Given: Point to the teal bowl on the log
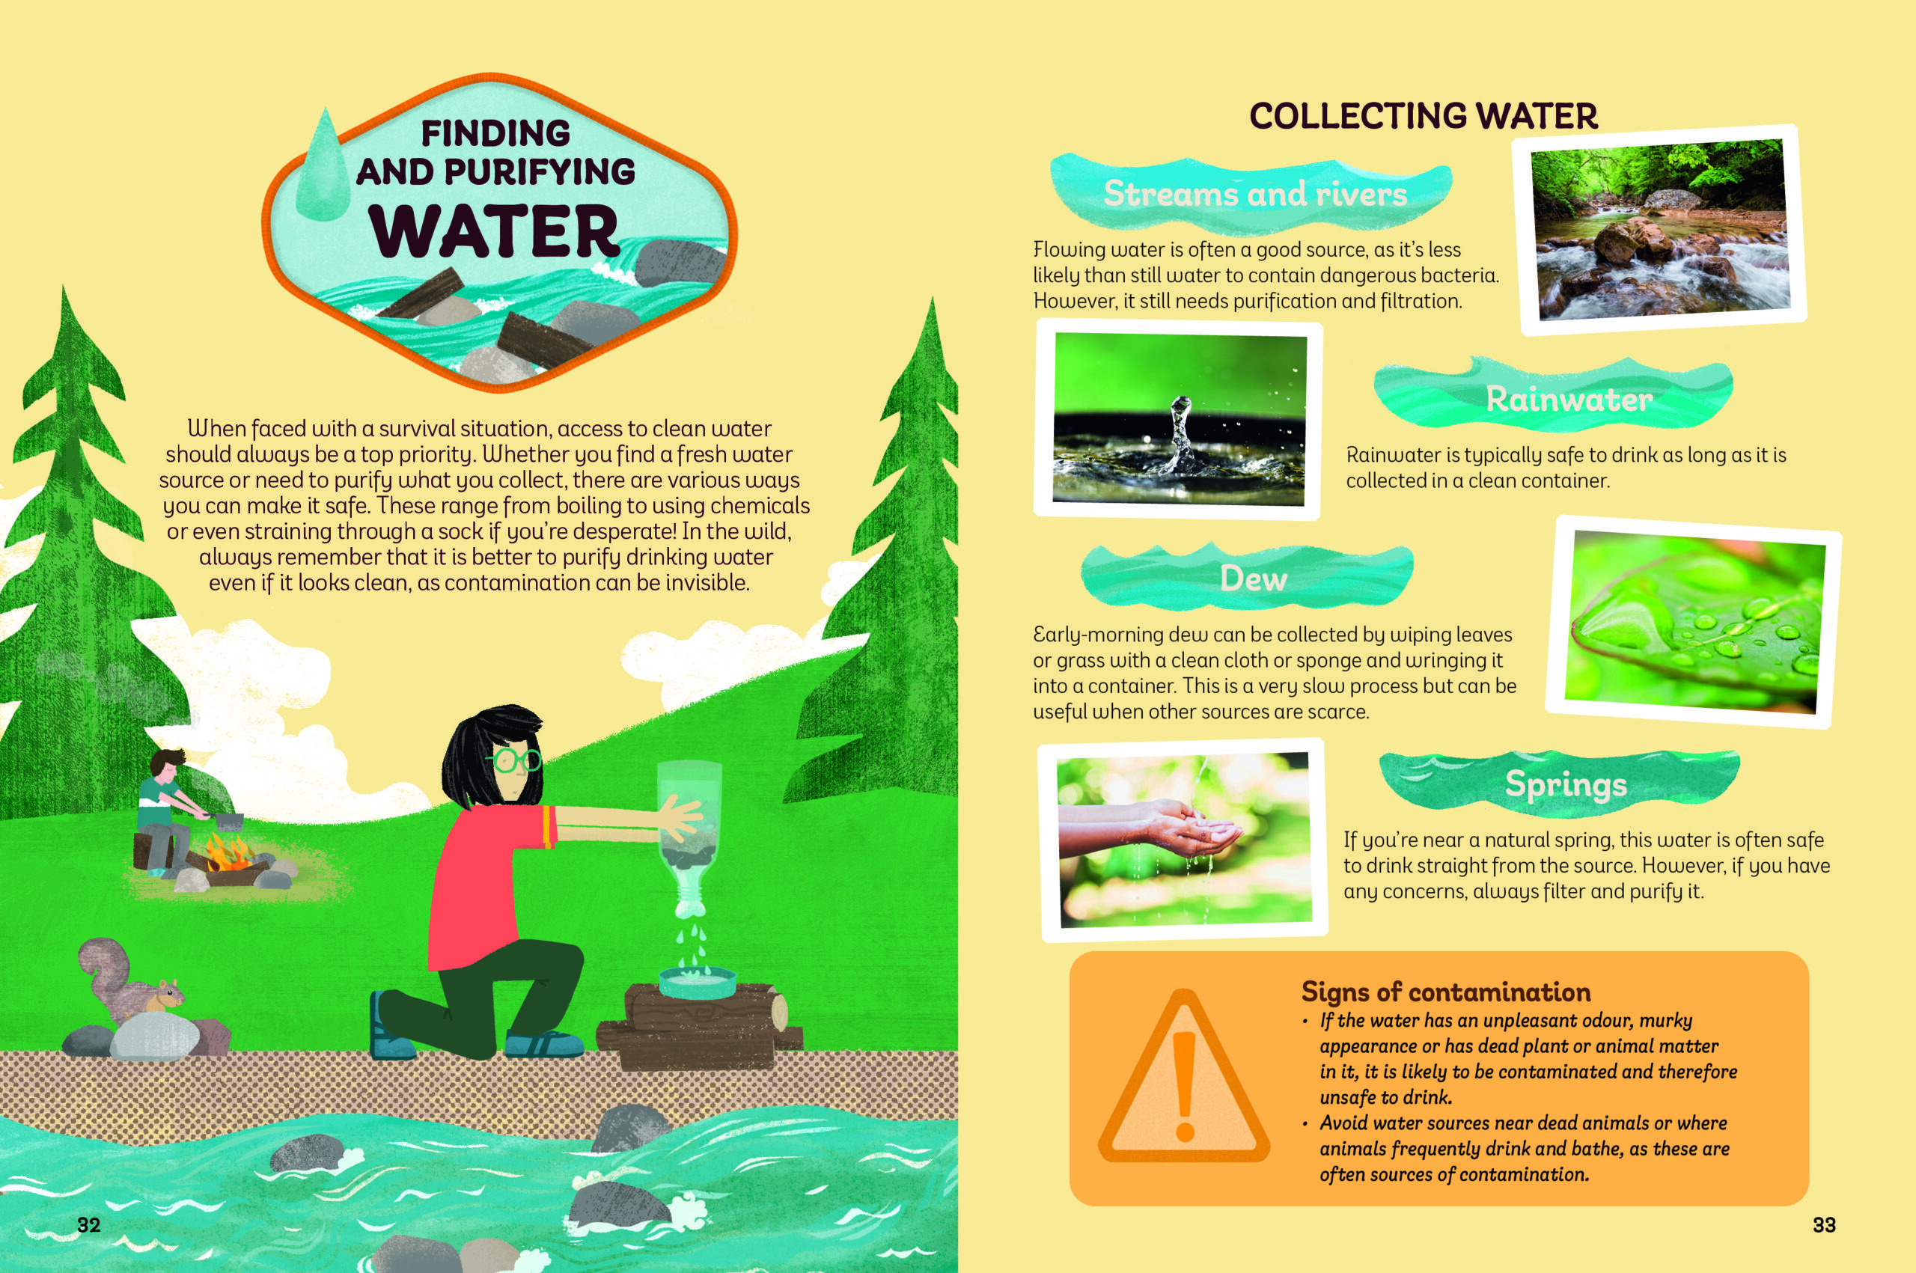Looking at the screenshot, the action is (698, 983).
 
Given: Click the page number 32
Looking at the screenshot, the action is (88, 1225).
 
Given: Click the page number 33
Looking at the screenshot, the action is (1824, 1225).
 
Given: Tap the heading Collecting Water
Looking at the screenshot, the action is (1424, 116).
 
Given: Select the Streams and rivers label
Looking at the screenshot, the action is (1254, 194).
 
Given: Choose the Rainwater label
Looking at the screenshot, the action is (1569, 399).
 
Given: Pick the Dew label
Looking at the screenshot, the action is (1254, 579).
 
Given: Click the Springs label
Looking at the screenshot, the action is (1565, 784).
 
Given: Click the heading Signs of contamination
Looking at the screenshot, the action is (1446, 992).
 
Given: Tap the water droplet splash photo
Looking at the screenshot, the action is (1178, 420).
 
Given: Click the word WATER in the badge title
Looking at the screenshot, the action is (495, 231).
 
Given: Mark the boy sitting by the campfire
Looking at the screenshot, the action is (169, 813).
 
